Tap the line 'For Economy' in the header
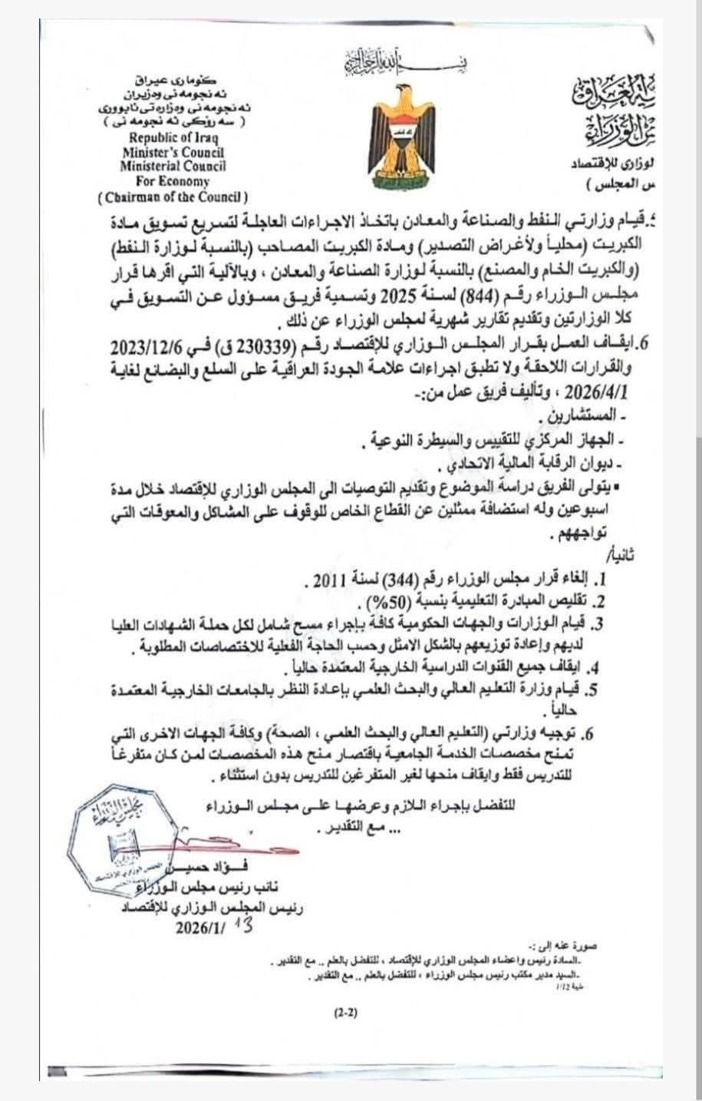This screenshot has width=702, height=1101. [173, 182]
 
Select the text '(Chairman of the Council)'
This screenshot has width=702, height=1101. [173, 197]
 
